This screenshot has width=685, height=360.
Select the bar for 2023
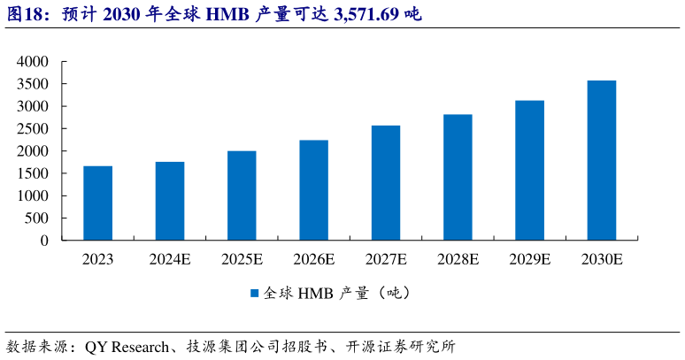pyautogui.click(x=97, y=203)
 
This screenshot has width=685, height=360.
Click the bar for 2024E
pyautogui.click(x=169, y=201)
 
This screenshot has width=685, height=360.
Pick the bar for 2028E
pyautogui.click(x=457, y=177)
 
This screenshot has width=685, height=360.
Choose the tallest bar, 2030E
pyautogui.click(x=601, y=160)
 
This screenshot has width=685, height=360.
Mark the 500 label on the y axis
pyautogui.click(x=38, y=218)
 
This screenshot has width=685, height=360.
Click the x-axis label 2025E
pyautogui.click(x=241, y=260)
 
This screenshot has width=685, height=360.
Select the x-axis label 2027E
pyautogui.click(x=385, y=260)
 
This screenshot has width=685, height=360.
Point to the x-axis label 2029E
pyautogui.click(x=529, y=260)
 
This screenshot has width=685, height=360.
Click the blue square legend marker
pyautogui.click(x=254, y=293)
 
